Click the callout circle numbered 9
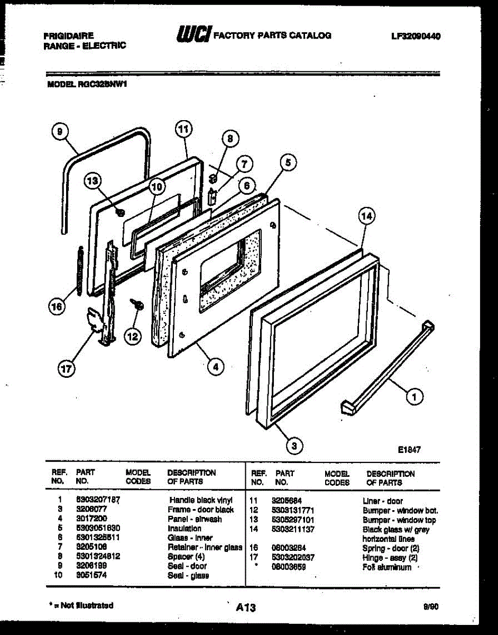pos(60,131)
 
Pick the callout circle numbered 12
pos(134,335)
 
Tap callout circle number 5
pos(288,163)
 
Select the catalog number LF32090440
pos(416,36)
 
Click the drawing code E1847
pos(409,450)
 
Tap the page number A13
pos(246,608)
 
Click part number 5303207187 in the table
pos(98,500)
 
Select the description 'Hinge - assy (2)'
pos(390,558)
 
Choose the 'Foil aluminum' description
pos(387,567)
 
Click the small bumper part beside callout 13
pos(119,213)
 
